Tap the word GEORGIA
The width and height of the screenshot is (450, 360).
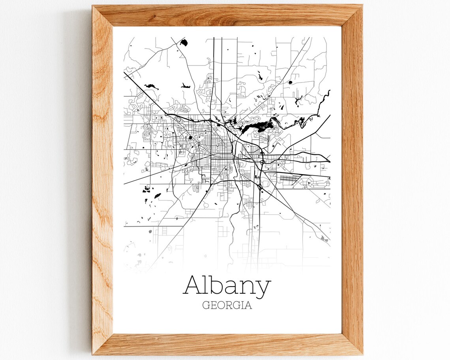pyautogui.click(x=227, y=306)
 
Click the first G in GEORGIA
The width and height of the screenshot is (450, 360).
pyautogui.click(x=206, y=306)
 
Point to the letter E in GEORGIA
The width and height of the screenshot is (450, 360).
pyautogui.click(x=213, y=306)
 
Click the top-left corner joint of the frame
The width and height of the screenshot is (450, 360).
pyautogui.click(x=103, y=15)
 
